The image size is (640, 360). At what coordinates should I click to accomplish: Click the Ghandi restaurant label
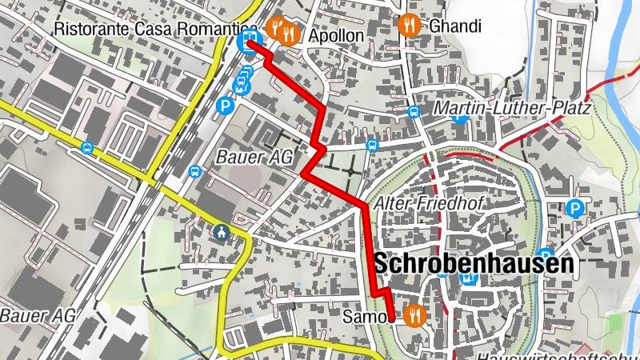point(455,26)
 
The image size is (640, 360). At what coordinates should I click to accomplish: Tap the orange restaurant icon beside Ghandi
point(410,25)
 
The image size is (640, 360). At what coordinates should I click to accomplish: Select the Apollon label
point(335,36)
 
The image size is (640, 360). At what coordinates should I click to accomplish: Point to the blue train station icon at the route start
point(250,39)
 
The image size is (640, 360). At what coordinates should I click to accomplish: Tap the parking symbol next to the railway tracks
point(227,104)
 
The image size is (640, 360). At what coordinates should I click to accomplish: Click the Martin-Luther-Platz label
point(512,108)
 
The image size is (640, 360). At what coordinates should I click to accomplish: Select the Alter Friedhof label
point(428,203)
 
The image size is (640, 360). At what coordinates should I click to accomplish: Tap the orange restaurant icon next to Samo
point(414,315)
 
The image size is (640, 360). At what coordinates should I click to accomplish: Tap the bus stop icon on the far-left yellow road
point(87,148)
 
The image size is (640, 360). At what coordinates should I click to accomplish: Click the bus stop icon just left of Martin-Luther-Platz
point(414,111)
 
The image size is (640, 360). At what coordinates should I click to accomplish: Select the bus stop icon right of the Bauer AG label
point(372,146)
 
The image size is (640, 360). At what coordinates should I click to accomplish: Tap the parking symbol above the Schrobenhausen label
point(574,210)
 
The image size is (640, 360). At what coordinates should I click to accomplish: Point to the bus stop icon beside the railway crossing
point(194,170)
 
